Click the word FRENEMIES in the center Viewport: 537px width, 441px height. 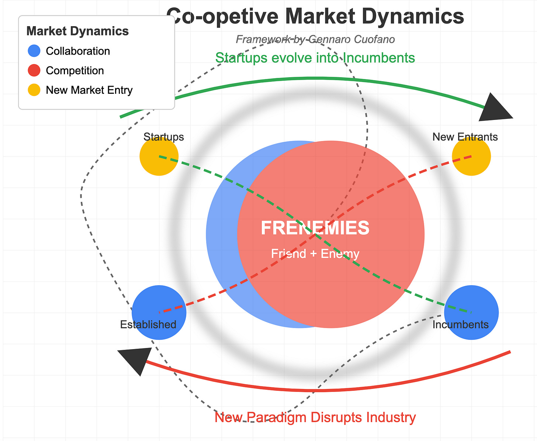(315, 228)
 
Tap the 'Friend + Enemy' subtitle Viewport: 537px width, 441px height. (315, 254)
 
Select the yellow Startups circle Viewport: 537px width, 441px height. (159, 156)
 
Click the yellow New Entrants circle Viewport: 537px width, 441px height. (471, 156)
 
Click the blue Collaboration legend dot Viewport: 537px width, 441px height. (34, 51)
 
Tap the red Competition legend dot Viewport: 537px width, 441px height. (34, 70)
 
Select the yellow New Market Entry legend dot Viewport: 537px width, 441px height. (34, 90)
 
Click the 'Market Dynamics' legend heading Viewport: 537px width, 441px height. (77, 31)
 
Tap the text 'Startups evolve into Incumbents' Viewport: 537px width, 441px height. (315, 58)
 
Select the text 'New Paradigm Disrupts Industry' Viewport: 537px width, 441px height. (315, 417)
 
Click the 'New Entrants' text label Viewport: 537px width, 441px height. (465, 137)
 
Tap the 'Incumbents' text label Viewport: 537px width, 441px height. (460, 325)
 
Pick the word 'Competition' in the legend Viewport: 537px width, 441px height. (75, 70)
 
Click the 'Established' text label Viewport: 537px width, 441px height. (148, 325)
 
